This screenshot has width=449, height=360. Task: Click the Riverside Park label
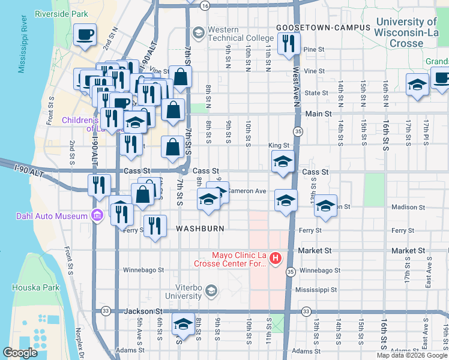coord(61,13)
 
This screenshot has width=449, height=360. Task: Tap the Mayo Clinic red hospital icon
coord(276,259)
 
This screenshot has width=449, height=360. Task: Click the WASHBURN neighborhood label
coord(200,229)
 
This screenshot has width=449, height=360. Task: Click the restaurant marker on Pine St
coord(289,42)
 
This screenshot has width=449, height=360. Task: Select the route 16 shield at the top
coord(205,5)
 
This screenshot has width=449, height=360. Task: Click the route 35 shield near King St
coord(298,131)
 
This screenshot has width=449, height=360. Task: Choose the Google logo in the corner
coord(20,352)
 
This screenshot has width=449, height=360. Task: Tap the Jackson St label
coord(143,311)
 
